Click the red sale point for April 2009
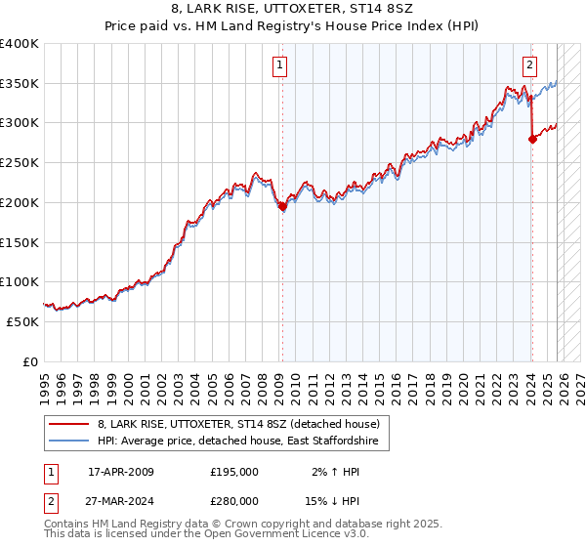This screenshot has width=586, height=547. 282,206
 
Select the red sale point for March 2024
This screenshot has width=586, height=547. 532,139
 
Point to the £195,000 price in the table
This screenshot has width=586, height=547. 234,472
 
